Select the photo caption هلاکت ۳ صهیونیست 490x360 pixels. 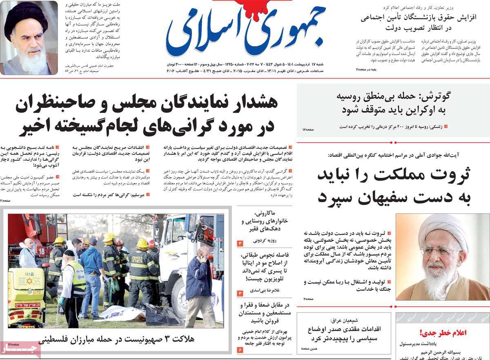(116, 339)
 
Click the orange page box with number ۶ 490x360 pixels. (240, 350)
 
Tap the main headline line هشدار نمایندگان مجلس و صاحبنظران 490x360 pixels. (147, 104)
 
